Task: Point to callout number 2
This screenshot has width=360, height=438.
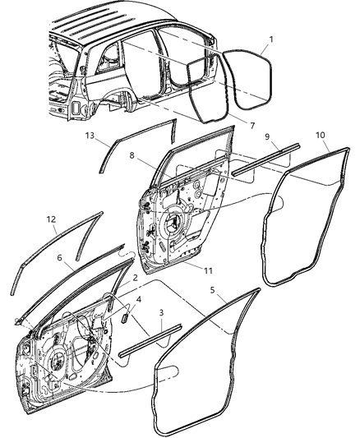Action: pyautogui.click(x=134, y=279)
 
